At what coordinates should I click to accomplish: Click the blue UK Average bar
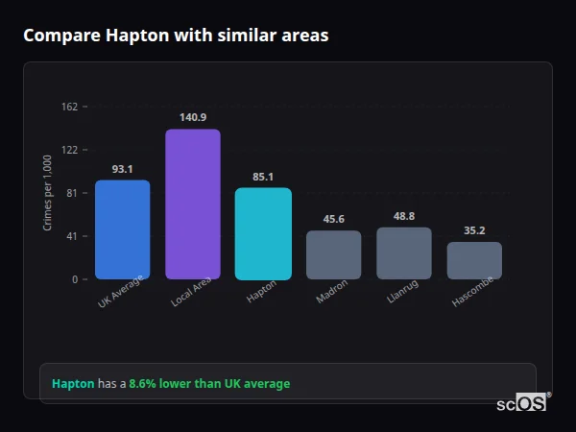[122, 229]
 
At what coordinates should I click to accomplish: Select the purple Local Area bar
[193, 204]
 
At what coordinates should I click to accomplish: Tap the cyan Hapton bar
[263, 233]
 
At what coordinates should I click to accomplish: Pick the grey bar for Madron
[333, 254]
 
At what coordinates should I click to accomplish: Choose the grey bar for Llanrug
[404, 253]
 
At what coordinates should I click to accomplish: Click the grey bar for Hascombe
[474, 260]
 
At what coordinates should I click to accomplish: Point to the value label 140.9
[193, 117]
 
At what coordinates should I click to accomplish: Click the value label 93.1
[122, 169]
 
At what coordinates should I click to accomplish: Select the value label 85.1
[263, 177]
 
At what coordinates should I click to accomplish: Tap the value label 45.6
[333, 219]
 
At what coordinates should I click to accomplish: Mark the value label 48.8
[404, 216]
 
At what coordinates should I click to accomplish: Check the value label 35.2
[474, 230]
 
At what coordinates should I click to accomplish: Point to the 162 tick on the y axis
[69, 107]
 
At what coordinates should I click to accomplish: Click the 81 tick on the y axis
[72, 193]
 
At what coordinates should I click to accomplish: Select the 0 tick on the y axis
[75, 279]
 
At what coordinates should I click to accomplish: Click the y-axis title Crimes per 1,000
[48, 193]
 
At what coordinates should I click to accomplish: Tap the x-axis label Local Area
[191, 294]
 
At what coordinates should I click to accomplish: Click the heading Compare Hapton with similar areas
[176, 36]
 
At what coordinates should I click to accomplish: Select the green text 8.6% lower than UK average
[209, 383]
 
